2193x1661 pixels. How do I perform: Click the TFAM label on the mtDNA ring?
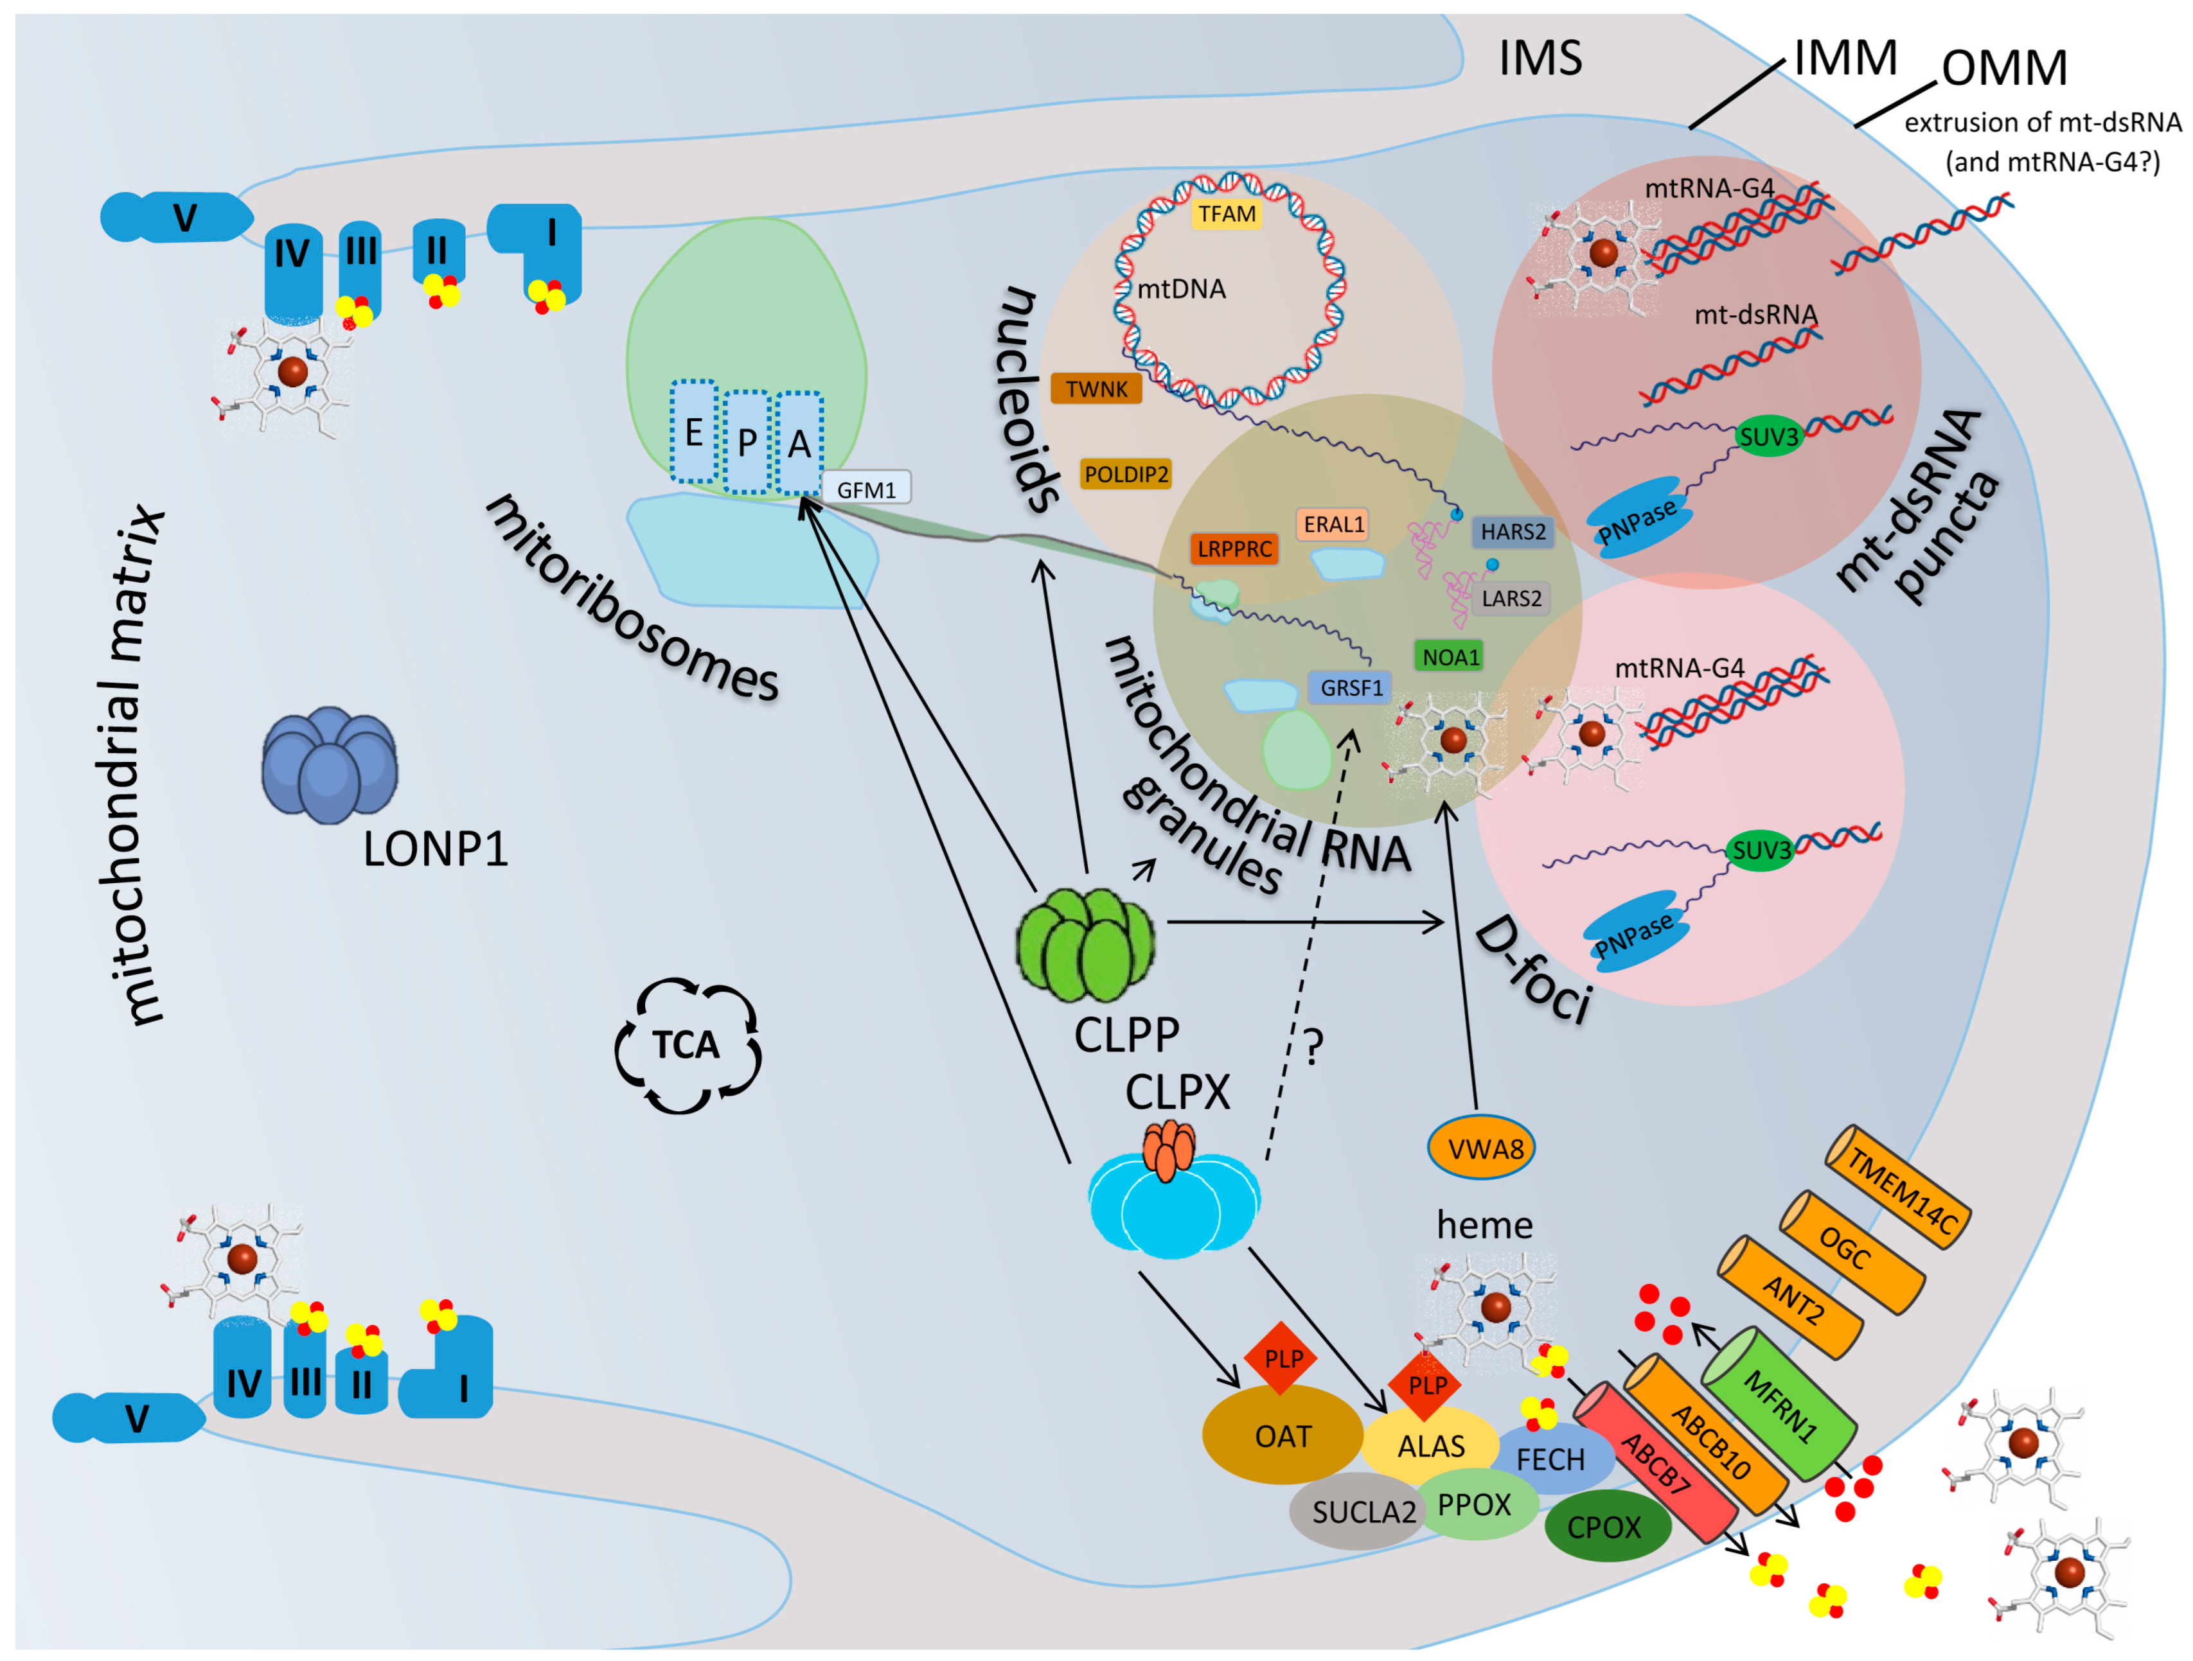(x=1227, y=214)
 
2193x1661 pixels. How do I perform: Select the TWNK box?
(x=1096, y=389)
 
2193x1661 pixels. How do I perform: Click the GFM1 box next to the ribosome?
(x=866, y=489)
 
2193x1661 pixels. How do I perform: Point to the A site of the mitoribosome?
(x=799, y=444)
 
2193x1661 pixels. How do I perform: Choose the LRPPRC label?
(x=1234, y=549)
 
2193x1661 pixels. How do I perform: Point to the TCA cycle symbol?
(x=687, y=1044)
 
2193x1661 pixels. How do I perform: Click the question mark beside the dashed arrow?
(x=1313, y=1044)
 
